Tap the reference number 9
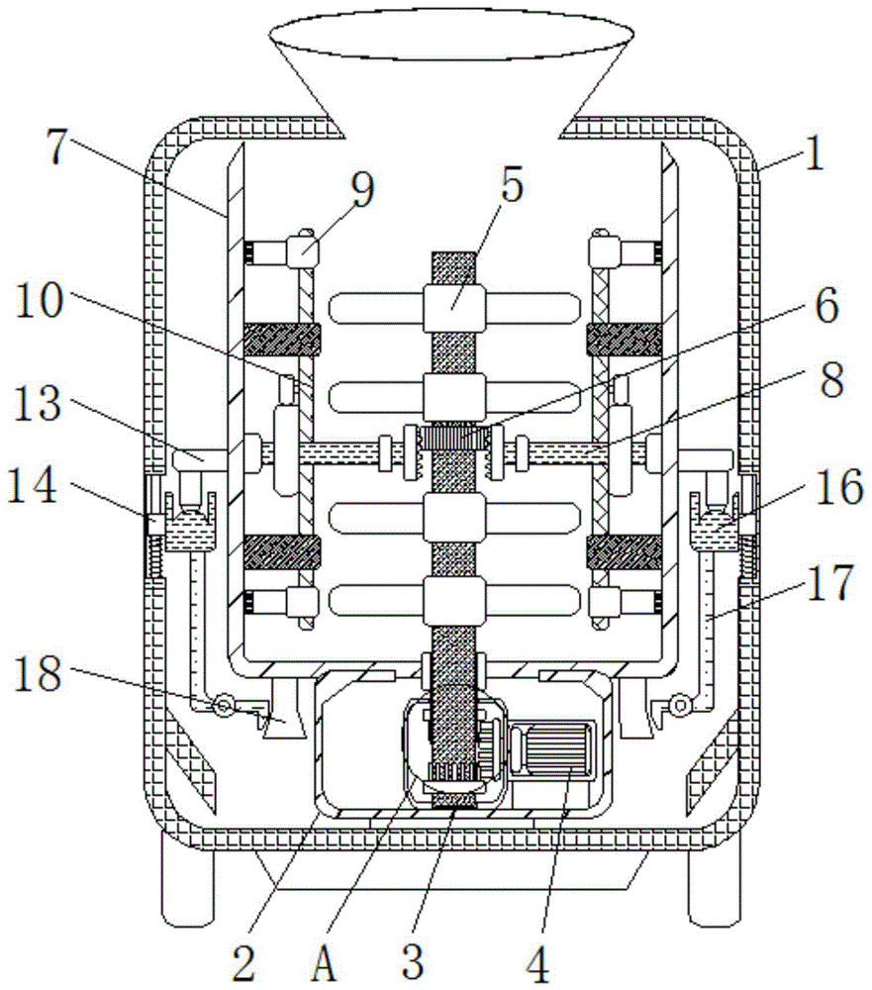pos(363,189)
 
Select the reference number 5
pos(511,184)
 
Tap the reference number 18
pos(38,673)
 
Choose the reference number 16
pos(838,487)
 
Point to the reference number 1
pos(816,153)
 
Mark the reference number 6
pos(826,305)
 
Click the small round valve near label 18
pos(223,705)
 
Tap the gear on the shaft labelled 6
pos(454,437)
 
